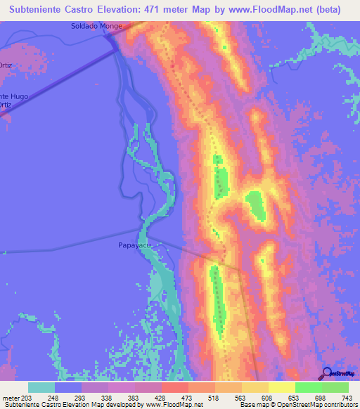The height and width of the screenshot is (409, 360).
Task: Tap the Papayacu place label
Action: (x=134, y=246)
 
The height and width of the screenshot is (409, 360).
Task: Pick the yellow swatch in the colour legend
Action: (x=282, y=387)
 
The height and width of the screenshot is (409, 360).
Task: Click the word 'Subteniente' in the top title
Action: (x=41, y=10)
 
